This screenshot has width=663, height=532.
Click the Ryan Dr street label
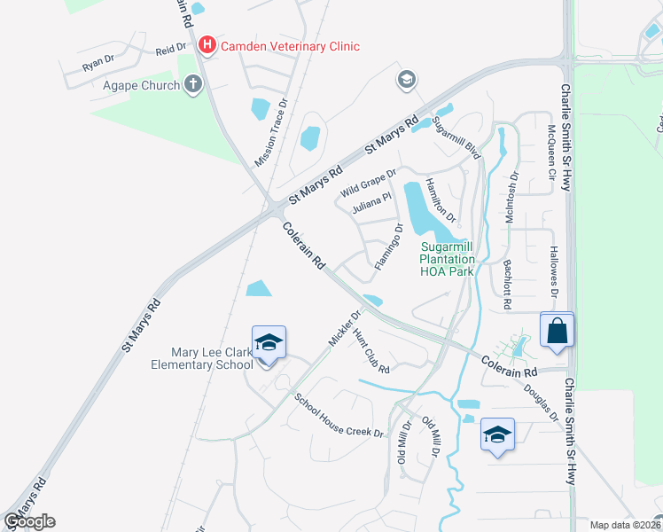(x=97, y=63)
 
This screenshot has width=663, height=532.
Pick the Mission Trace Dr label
(x=272, y=133)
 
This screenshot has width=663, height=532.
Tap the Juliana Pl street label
(x=370, y=205)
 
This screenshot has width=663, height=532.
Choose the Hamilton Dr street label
(x=441, y=199)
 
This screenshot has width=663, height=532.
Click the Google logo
(x=29, y=521)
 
